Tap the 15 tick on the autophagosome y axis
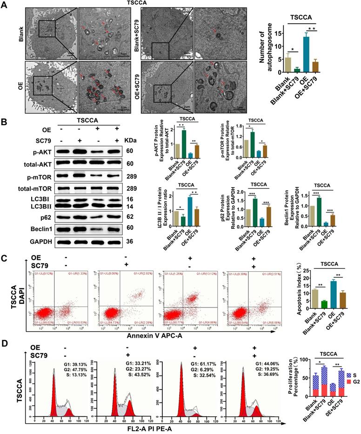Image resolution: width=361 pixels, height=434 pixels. (x=278, y=33)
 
